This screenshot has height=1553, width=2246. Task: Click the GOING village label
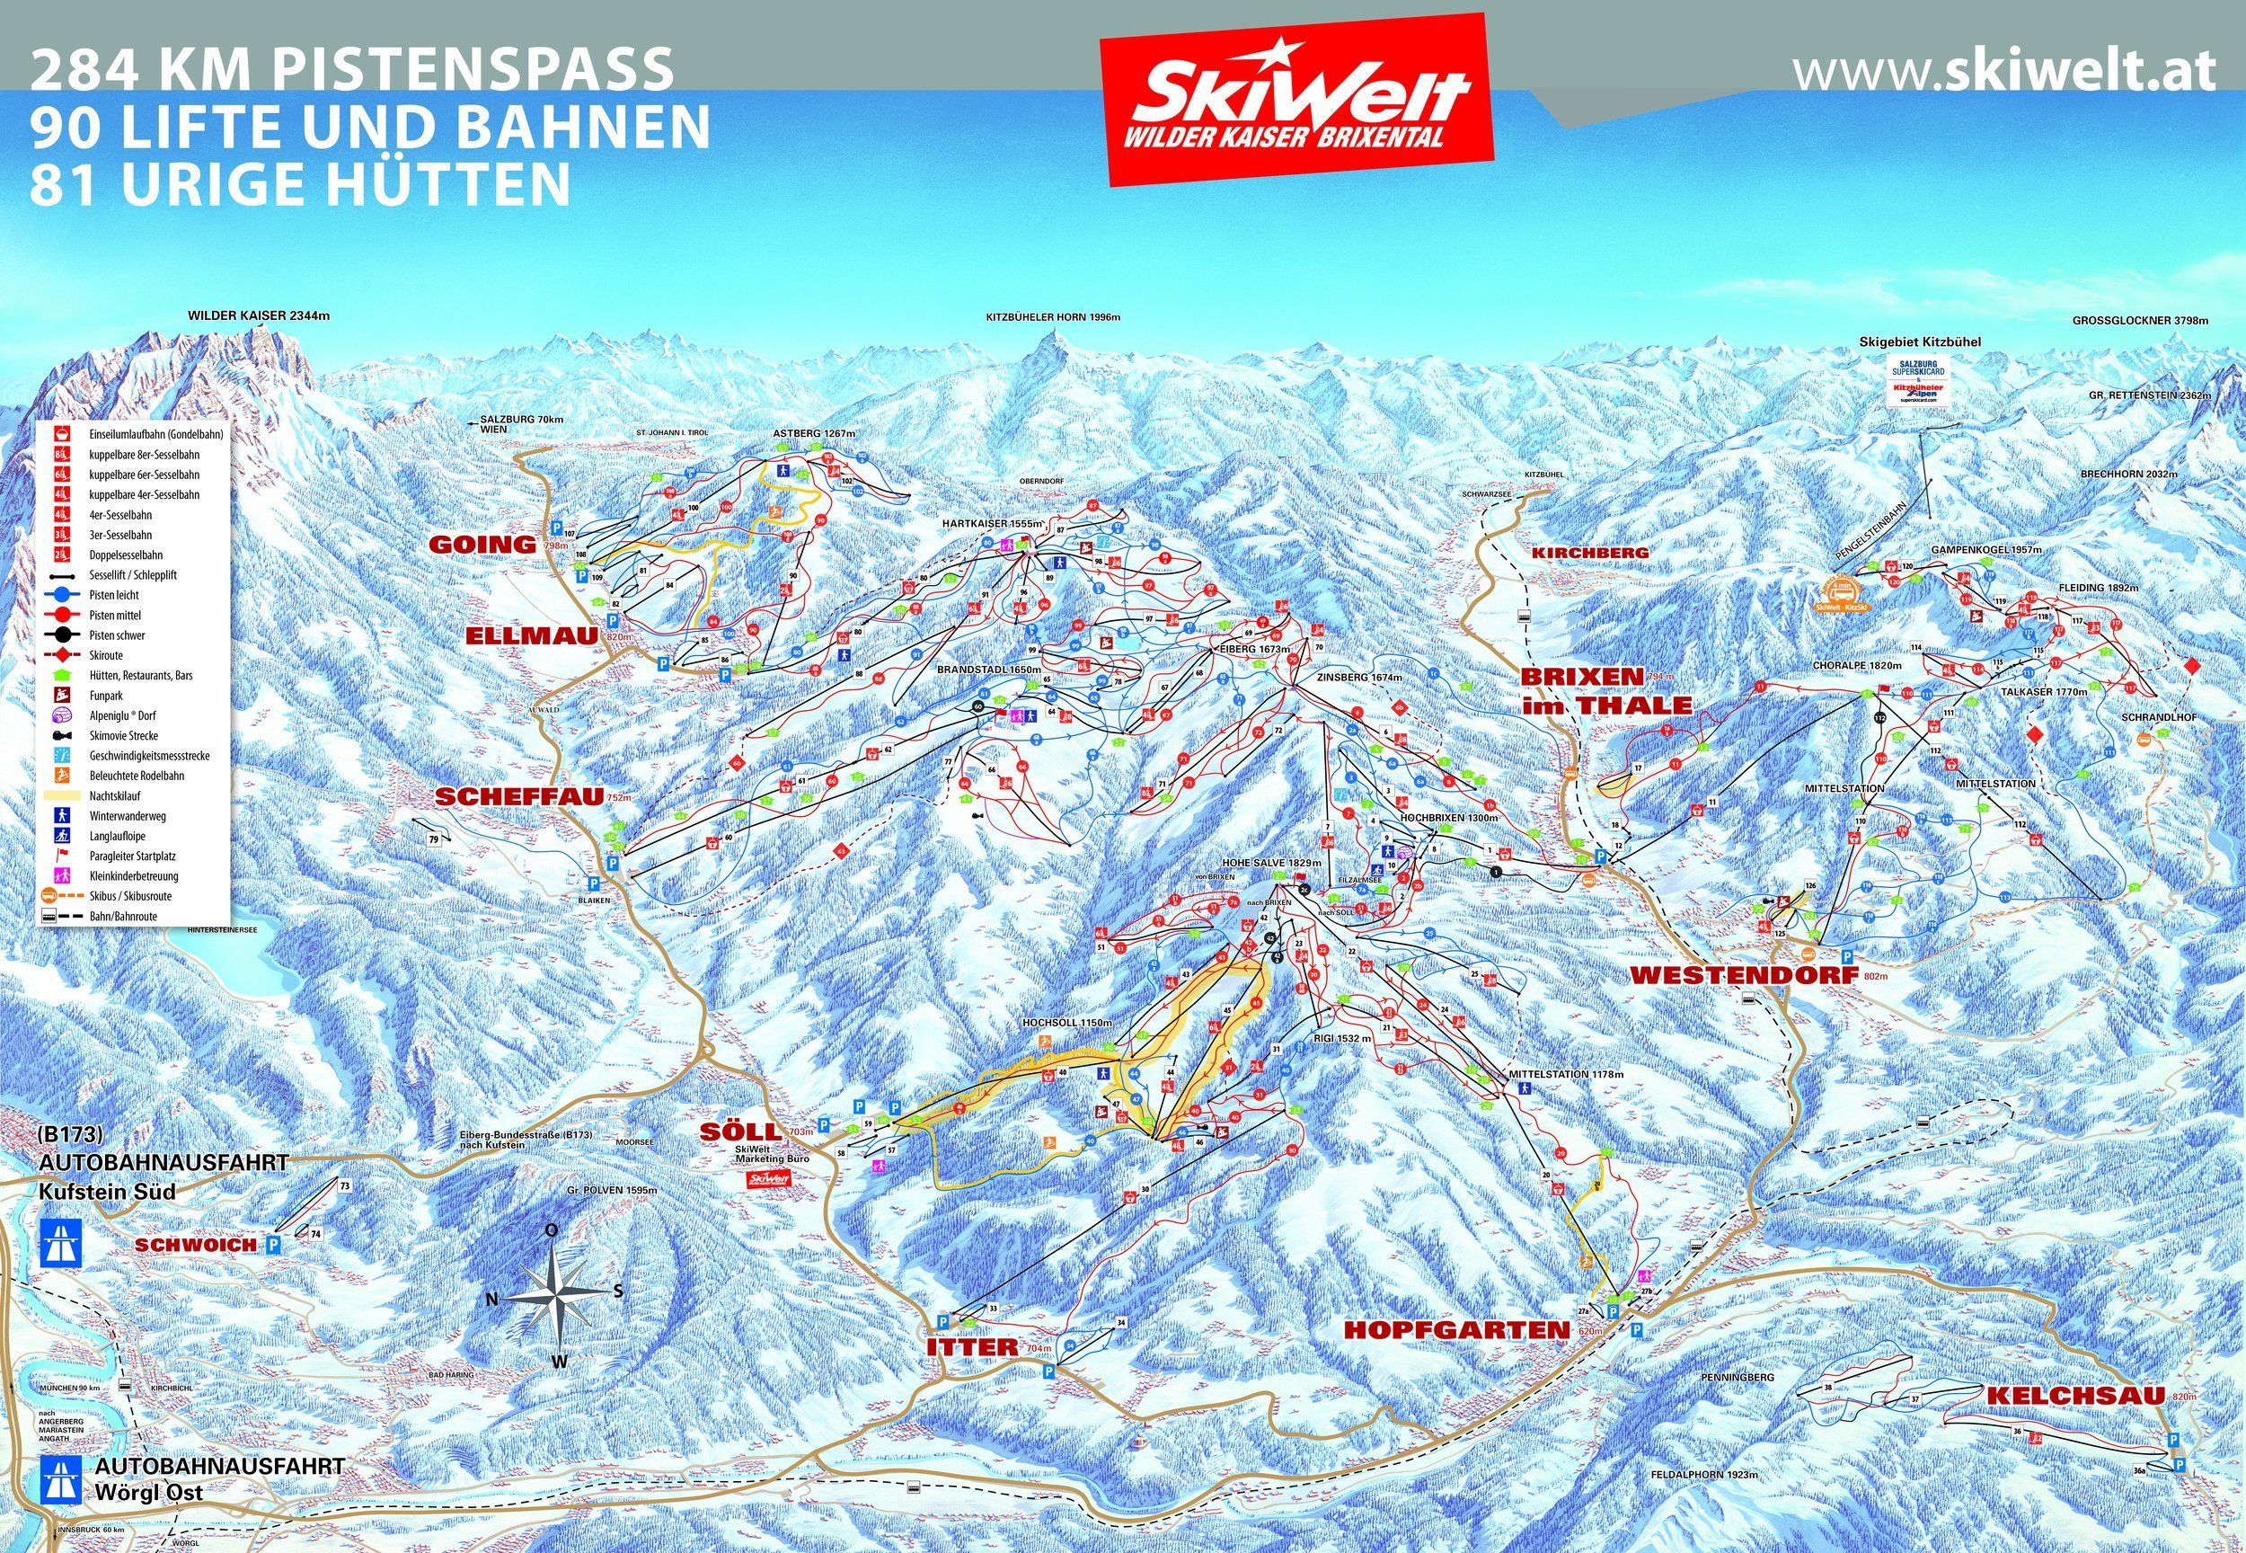[x=482, y=544]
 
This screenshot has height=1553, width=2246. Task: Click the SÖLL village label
[x=742, y=1131]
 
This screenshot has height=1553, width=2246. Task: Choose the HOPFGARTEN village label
[x=1456, y=1329]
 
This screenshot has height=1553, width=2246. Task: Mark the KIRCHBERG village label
[x=1590, y=552]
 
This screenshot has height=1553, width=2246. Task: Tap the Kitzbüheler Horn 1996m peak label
[x=1053, y=317]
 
